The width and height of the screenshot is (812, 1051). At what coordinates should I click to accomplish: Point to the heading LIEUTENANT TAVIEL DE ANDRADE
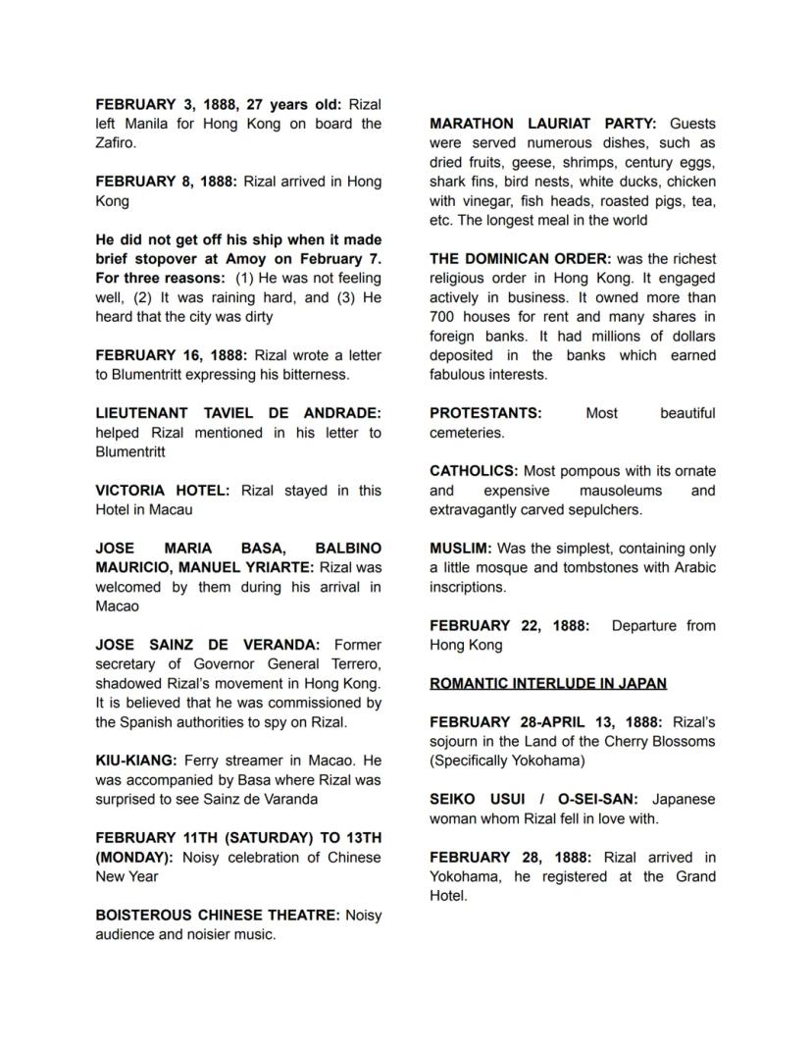point(238,413)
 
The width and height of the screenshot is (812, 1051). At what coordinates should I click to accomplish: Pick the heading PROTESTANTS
point(484,413)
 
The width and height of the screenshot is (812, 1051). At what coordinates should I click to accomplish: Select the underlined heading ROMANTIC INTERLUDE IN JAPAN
point(548,684)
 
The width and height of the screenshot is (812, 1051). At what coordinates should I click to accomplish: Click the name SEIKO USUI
point(475,799)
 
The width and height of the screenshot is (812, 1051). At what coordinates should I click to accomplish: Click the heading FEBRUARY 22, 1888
point(509,626)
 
